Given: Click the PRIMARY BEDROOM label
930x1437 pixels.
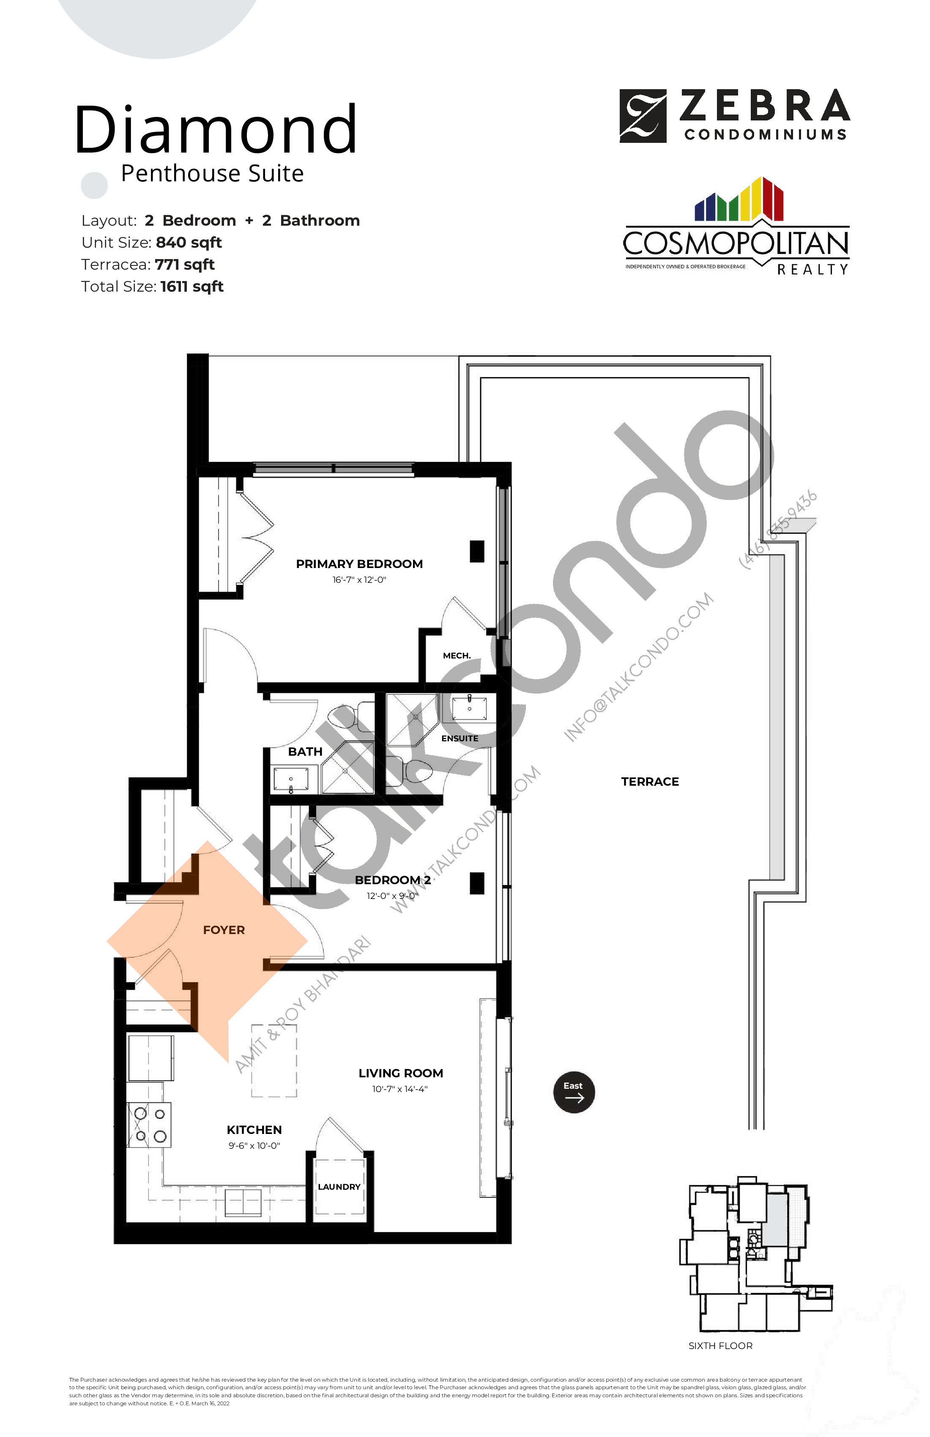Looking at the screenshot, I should click(359, 564).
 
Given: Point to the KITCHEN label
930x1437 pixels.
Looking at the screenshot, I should click(254, 1130).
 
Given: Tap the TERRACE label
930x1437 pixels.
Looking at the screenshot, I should click(650, 781).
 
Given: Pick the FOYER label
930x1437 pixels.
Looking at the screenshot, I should click(224, 930).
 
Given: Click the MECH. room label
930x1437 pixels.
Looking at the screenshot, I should click(457, 655).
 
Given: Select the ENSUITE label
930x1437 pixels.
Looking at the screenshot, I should click(460, 738).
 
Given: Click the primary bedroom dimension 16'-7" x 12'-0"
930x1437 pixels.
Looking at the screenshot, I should click(359, 579).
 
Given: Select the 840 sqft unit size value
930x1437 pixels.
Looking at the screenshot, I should click(189, 243).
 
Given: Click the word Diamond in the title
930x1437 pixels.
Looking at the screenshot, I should click(216, 129).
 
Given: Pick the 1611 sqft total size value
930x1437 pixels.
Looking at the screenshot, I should click(191, 287).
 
